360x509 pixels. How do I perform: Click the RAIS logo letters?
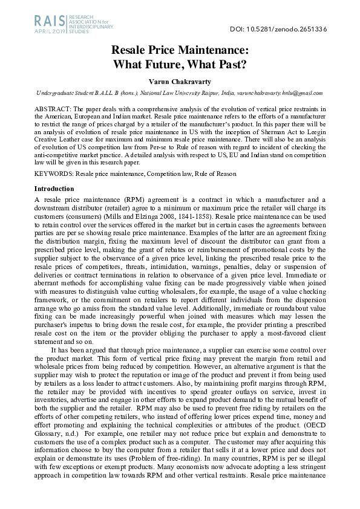[50, 21]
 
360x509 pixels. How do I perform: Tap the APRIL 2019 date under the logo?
[50, 30]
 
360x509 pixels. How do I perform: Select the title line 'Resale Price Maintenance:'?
[180, 52]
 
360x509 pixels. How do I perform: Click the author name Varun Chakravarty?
[180, 82]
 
